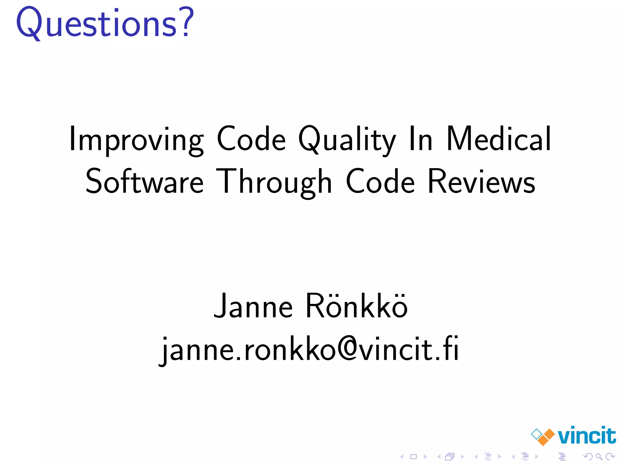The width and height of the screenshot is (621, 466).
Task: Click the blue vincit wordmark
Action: click(587, 436)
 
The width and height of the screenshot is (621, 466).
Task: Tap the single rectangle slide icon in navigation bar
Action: click(413, 456)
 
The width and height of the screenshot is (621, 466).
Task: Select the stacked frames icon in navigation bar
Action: click(450, 456)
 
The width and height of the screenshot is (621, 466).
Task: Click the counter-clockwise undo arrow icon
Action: click(588, 456)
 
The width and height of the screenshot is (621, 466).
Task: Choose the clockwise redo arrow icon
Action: click(610, 456)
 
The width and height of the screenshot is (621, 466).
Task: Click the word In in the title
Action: click(421, 140)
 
